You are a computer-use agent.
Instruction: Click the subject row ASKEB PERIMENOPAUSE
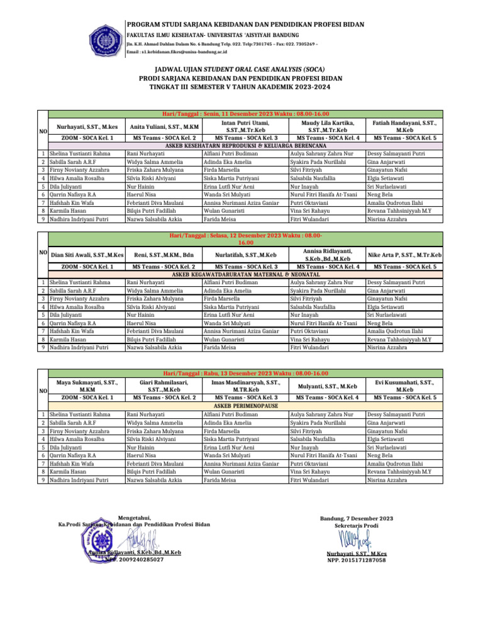coord(241,406)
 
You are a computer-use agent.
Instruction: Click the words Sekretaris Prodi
coord(357,525)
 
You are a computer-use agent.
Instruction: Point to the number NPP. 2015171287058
coord(357,560)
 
